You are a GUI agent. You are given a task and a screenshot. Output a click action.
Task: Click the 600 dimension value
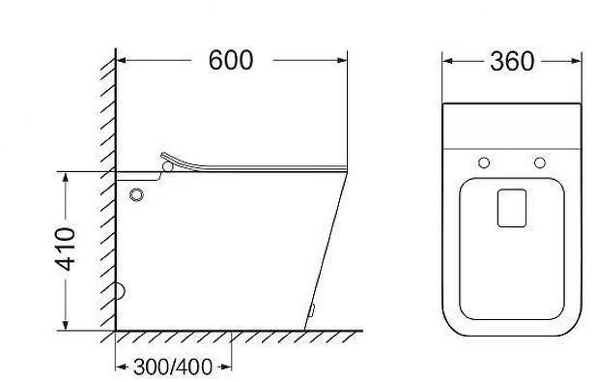[x=231, y=60]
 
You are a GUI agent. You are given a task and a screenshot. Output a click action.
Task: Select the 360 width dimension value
[x=511, y=61]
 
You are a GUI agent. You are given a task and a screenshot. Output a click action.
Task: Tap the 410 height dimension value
[x=66, y=250]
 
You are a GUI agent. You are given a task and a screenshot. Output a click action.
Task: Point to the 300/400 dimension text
[x=173, y=367]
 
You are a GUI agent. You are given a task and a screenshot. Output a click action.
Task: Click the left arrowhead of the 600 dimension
[x=123, y=60]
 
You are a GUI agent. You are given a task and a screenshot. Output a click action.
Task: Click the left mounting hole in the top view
[x=484, y=161]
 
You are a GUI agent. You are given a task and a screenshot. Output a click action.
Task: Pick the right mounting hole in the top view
[x=539, y=161]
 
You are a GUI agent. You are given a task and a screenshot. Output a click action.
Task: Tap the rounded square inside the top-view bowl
[x=512, y=207]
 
